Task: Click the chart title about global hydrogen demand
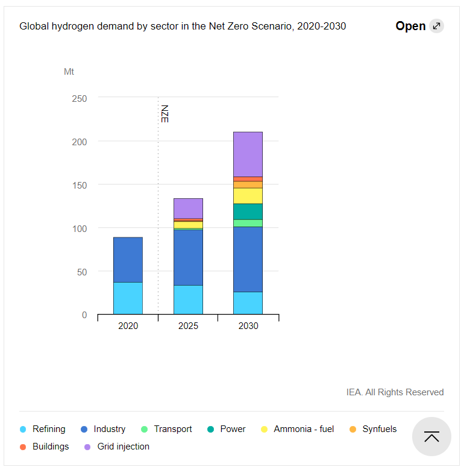(x=183, y=27)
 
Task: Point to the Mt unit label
(x=69, y=72)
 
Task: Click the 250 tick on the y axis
(x=80, y=98)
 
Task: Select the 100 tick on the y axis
(x=80, y=228)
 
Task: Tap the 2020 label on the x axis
(x=128, y=326)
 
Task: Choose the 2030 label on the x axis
(x=248, y=326)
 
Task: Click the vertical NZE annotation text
(x=164, y=114)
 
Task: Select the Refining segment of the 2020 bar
(x=128, y=298)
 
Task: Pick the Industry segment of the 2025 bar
(x=188, y=257)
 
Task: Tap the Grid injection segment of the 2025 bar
(x=188, y=208)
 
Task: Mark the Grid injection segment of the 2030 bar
(x=248, y=154)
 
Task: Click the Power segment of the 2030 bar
(x=248, y=211)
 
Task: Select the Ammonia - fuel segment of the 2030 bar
(x=248, y=196)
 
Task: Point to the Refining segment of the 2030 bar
(x=248, y=303)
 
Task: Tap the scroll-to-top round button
(x=431, y=436)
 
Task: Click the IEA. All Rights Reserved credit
(x=395, y=392)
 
